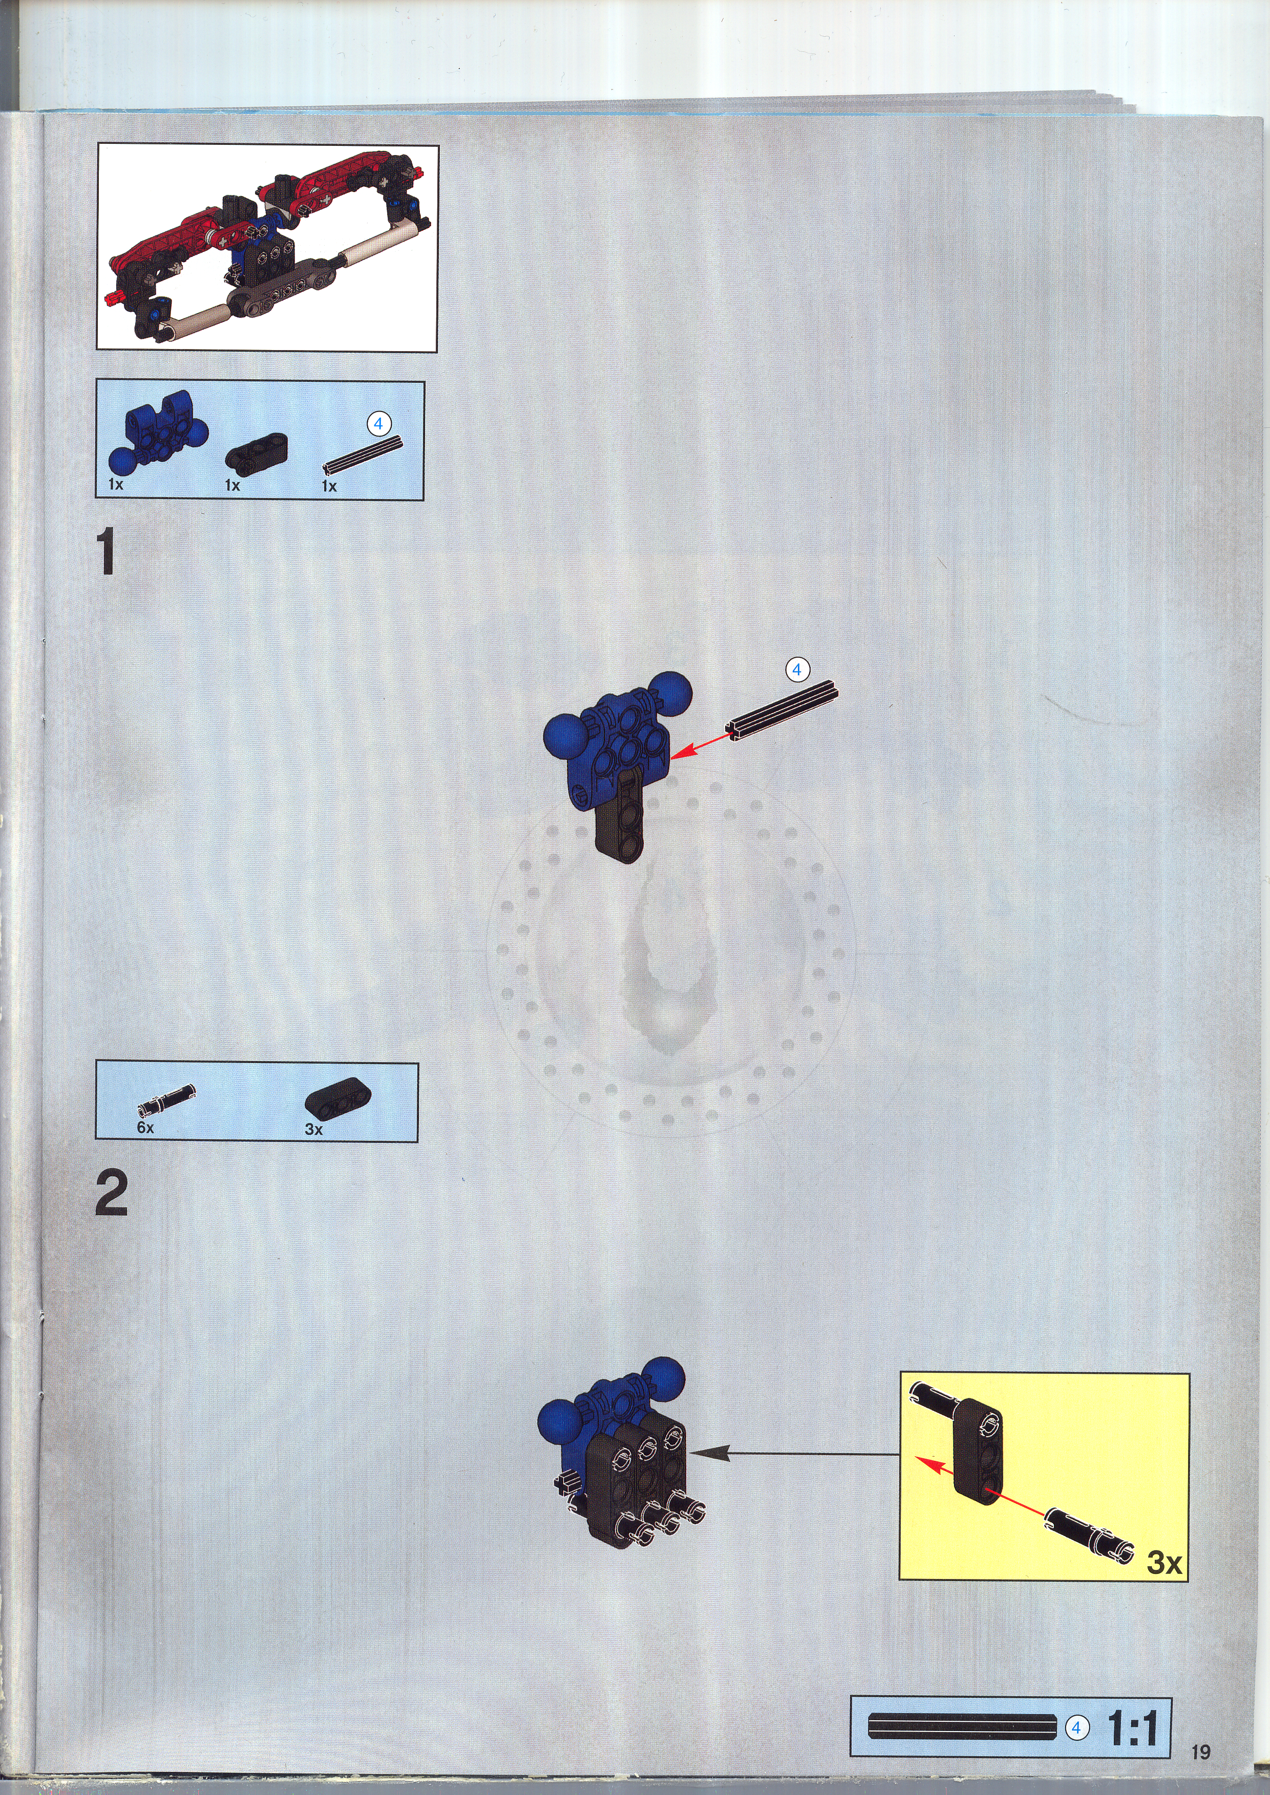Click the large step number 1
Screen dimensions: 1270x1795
click(107, 551)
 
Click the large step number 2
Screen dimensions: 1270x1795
click(112, 1192)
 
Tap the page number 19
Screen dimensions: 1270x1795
click(1200, 1752)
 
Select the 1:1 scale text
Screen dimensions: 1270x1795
click(1132, 1728)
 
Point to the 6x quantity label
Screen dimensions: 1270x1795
click(145, 1128)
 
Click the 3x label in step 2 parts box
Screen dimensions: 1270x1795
click(313, 1129)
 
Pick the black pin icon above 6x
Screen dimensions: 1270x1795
click(166, 1098)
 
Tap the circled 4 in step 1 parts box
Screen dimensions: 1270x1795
click(378, 424)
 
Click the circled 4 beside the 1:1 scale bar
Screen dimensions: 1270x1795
click(1076, 1728)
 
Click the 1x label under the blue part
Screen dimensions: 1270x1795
click(116, 485)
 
